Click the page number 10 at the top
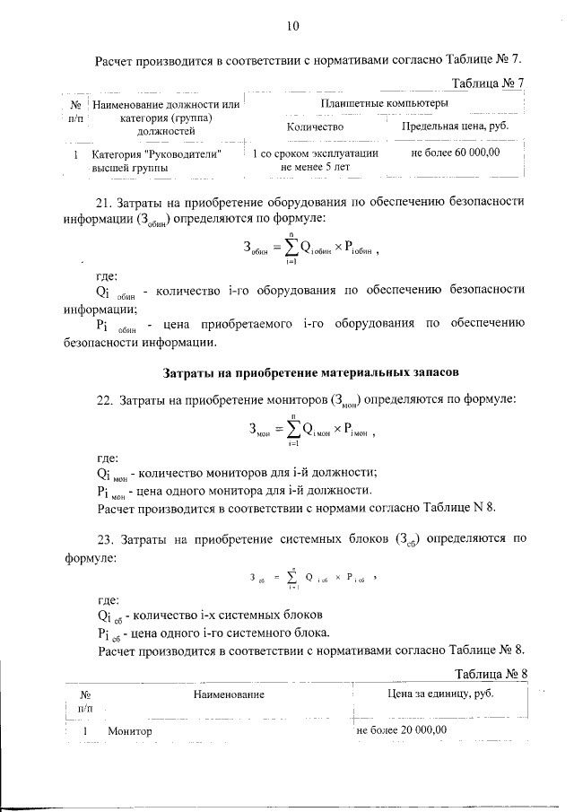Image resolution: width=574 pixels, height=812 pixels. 291,26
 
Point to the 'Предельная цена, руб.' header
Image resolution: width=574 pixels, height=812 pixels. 455,127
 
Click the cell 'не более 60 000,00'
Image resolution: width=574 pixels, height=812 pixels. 455,153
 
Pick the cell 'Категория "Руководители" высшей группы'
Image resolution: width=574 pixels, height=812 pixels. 156,160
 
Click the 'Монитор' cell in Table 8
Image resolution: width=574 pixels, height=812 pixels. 130,731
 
